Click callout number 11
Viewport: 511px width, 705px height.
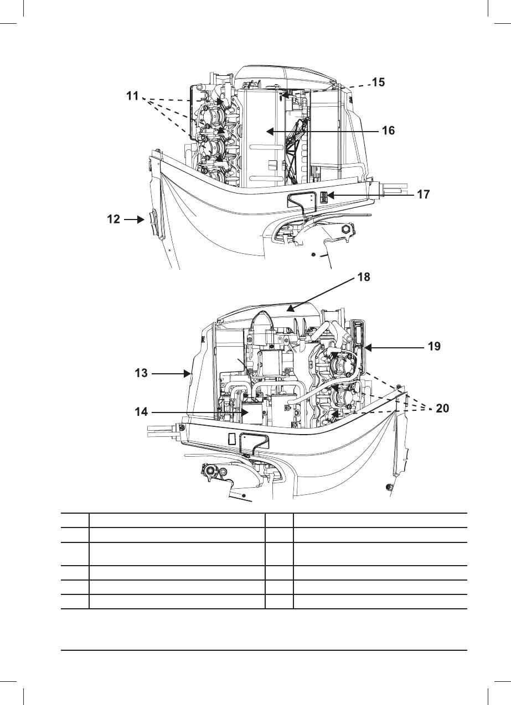(x=132, y=96)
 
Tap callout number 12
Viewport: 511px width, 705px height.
(x=113, y=219)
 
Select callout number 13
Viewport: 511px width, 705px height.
(x=141, y=373)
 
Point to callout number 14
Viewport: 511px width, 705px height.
(x=141, y=412)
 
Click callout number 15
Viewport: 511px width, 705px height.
(x=378, y=82)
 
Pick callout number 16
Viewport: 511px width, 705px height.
(x=388, y=130)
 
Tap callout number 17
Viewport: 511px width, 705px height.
(x=423, y=195)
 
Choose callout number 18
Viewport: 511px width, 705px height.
(x=364, y=277)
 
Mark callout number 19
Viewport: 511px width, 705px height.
(x=434, y=347)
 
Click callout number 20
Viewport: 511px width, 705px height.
(x=442, y=409)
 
